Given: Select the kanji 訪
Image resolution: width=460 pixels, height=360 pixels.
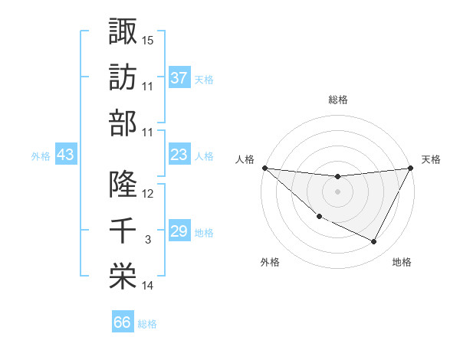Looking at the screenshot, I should pyautogui.click(x=123, y=77).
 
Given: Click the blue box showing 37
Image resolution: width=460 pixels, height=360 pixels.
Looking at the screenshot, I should pyautogui.click(x=179, y=77).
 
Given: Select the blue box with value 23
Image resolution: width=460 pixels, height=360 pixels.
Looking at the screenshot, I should pyautogui.click(x=179, y=155).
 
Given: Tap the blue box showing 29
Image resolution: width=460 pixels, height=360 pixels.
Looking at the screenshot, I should pyautogui.click(x=179, y=231).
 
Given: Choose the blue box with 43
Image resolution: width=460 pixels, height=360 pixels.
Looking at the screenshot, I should pyautogui.click(x=65, y=155).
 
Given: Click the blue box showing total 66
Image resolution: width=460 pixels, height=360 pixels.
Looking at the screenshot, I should pyautogui.click(x=122, y=322).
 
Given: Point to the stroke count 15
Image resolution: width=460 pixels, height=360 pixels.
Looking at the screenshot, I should pyautogui.click(x=148, y=39).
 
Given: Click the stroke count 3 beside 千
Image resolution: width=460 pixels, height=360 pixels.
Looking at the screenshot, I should pyautogui.click(x=148, y=241).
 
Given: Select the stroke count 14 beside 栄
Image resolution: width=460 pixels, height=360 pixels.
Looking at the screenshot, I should pyautogui.click(x=148, y=286).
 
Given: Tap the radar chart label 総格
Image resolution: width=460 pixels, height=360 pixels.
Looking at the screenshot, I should pyautogui.click(x=337, y=100).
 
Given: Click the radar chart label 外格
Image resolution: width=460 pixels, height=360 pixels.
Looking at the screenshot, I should pyautogui.click(x=270, y=263).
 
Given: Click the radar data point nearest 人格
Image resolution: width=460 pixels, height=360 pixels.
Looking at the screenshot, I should pyautogui.click(x=265, y=168).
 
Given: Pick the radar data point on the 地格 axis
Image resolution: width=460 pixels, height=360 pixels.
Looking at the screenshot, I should pyautogui.click(x=374, y=242).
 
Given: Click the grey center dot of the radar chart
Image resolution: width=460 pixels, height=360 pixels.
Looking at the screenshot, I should pyautogui.click(x=337, y=191).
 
